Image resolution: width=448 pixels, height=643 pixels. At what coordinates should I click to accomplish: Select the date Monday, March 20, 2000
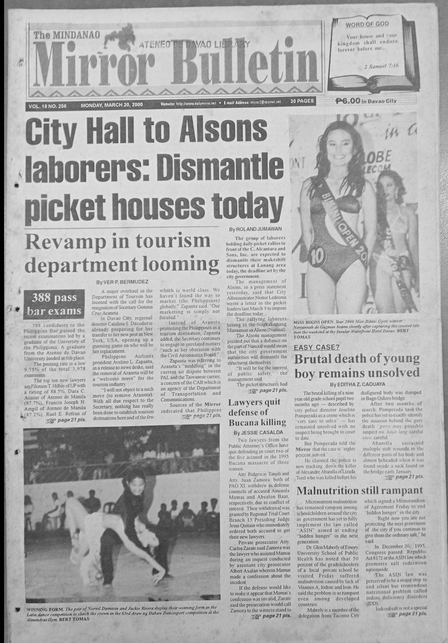[111, 105]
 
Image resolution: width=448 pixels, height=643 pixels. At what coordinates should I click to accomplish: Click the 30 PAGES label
[302, 102]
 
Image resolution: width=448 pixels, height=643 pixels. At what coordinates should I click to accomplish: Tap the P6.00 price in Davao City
[366, 101]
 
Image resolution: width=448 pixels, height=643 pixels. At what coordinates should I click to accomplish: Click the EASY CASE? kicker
[317, 347]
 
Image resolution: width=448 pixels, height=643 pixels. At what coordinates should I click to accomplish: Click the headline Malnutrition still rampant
[360, 490]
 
